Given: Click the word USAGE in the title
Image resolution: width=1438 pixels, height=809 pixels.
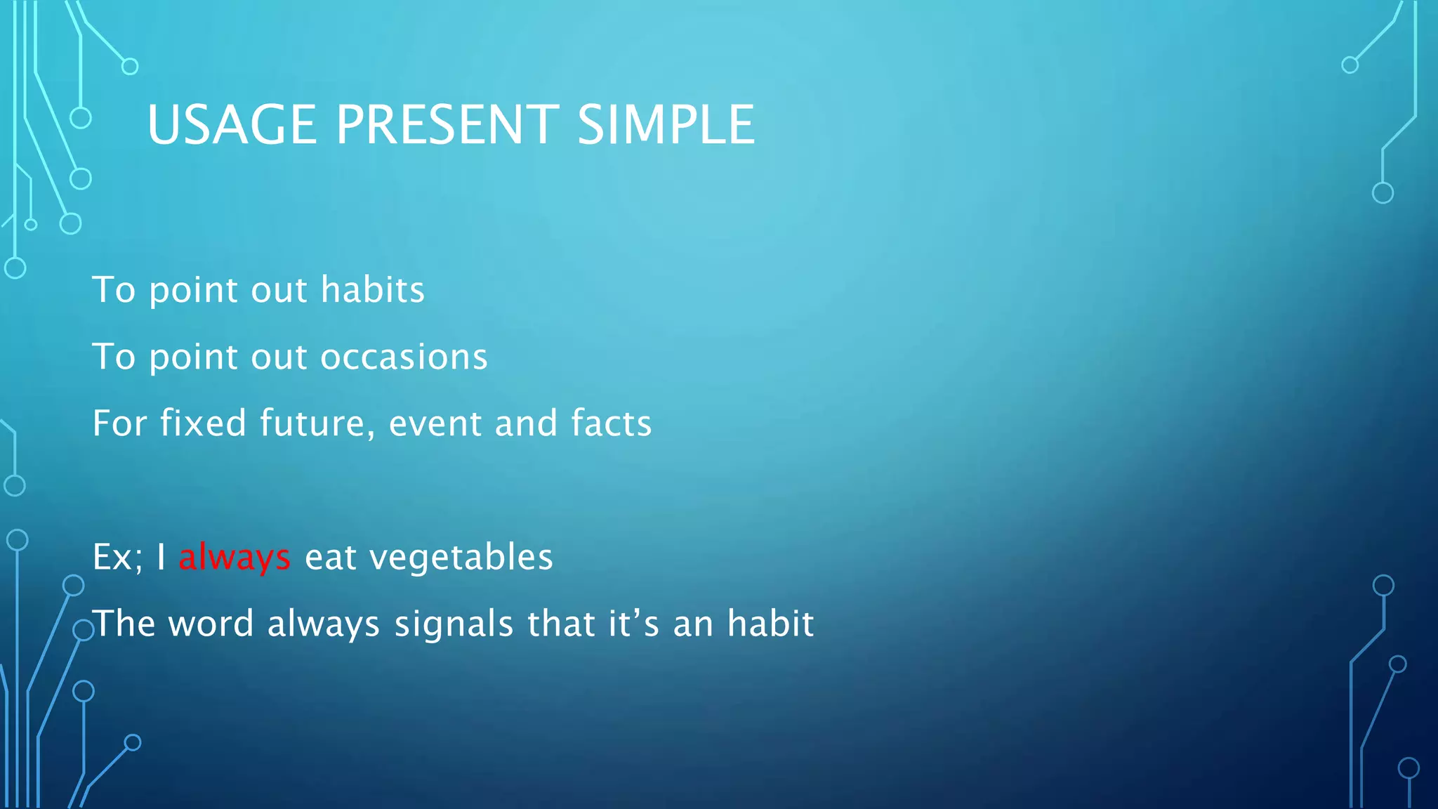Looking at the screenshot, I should (232, 125).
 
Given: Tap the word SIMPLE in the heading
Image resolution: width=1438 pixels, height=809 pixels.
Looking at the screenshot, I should (665, 125).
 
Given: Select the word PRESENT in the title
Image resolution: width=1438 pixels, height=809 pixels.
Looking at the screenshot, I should (447, 125).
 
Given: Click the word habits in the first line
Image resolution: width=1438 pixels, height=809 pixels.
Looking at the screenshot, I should (372, 290).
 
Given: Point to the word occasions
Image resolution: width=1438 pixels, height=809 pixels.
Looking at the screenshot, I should (404, 357).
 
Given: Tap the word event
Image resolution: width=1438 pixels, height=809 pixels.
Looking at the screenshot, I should (435, 423).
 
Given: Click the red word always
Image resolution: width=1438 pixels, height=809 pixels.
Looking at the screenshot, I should (234, 558).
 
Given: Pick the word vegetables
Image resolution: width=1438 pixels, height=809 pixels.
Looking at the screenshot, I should (461, 558).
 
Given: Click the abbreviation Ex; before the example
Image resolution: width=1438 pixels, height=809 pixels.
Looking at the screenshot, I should (117, 557).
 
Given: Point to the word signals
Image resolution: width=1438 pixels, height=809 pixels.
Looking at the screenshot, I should (454, 624).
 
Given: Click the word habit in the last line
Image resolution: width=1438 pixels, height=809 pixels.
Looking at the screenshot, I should (770, 624).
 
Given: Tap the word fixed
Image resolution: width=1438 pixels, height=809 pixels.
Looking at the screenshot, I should (203, 423).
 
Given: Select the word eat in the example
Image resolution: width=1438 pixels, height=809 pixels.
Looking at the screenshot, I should (329, 558).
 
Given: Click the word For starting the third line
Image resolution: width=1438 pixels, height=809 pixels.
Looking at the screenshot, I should (119, 423).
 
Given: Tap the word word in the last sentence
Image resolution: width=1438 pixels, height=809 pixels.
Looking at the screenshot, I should (211, 624).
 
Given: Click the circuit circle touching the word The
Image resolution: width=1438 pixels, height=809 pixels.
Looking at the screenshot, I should (83, 631).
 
